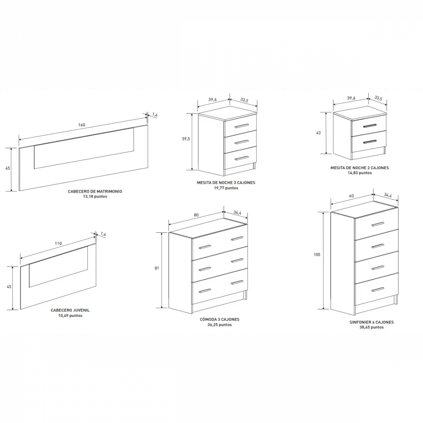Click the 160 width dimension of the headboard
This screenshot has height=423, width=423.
tap(82, 125)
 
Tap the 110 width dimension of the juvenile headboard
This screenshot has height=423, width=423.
tap(58, 243)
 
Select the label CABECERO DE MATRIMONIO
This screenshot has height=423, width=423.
tap(95, 191)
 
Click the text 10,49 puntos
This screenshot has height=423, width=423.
tap(70, 315)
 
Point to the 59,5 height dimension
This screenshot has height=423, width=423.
tap(186, 139)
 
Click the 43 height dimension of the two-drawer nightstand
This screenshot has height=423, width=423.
tap(318, 133)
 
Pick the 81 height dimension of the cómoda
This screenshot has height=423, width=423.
tap(157, 268)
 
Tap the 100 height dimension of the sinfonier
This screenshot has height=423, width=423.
tap(317, 255)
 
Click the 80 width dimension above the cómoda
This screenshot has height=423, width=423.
tap(196, 215)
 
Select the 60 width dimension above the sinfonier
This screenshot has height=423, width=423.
tap(351, 196)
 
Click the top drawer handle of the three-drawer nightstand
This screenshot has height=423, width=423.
tap(241, 126)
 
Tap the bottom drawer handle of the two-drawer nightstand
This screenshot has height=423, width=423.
tap(370, 142)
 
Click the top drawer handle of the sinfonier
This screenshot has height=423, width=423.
tap(378, 224)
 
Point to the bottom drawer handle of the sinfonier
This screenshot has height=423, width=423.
tap(378, 290)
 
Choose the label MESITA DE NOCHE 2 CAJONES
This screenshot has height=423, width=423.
tap(360, 168)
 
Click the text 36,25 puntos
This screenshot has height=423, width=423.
tap(220, 325)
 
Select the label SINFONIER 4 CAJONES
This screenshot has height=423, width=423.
tap(371, 322)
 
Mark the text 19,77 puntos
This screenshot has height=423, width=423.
tap(226, 188)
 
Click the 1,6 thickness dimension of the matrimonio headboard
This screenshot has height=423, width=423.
tap(155, 115)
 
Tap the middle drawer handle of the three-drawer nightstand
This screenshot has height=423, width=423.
tap(241, 142)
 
